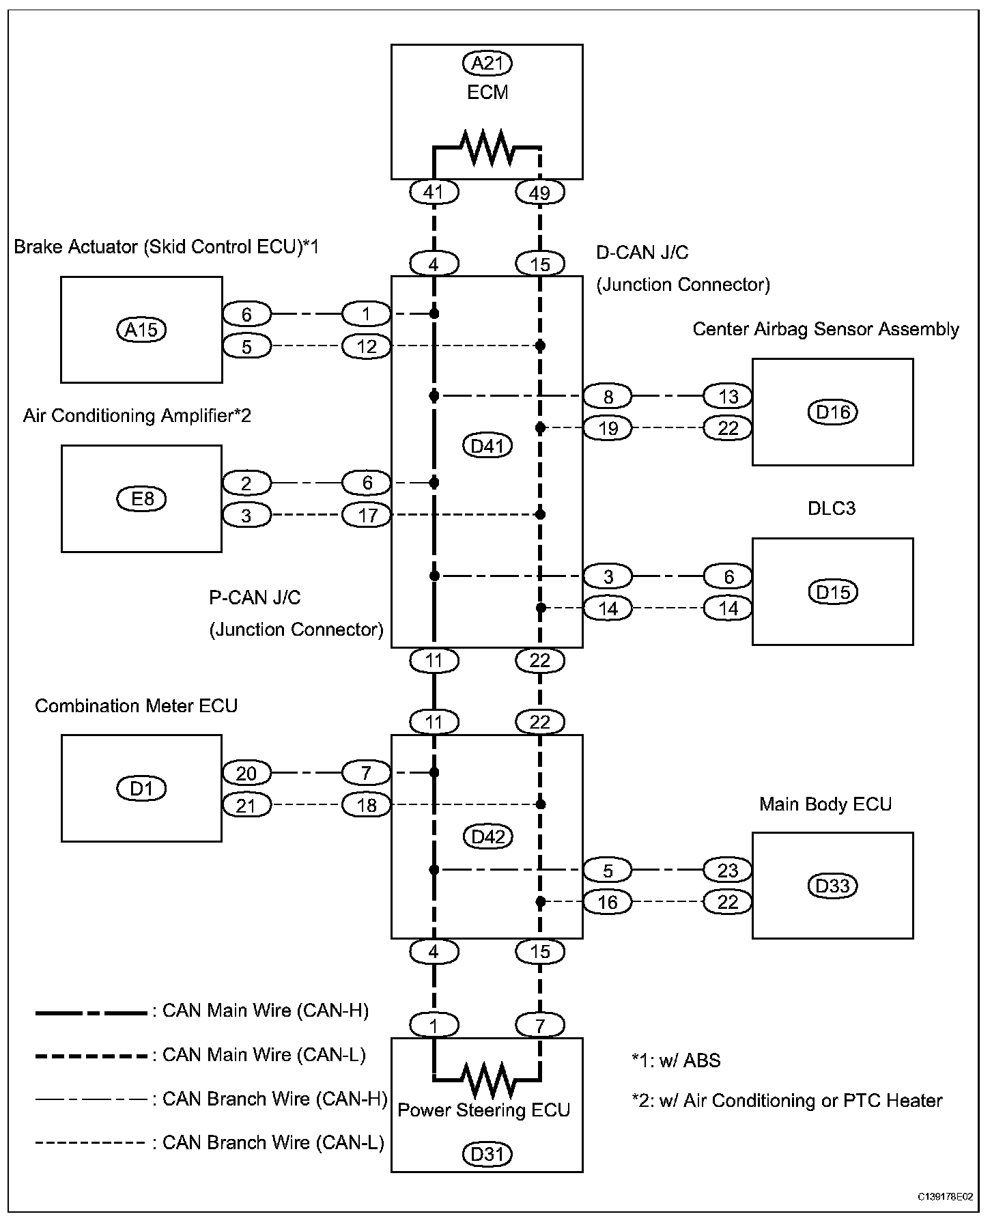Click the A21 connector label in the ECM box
tap(487, 64)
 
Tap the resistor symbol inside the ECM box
tap(487, 146)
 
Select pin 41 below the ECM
tap(434, 193)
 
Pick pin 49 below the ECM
tap(539, 193)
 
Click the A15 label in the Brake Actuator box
tap(141, 330)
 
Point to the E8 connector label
tap(142, 498)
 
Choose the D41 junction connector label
tap(487, 446)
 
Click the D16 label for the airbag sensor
tap(833, 412)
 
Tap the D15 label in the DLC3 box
tap(833, 592)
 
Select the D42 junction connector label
tap(487, 836)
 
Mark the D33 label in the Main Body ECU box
tap(833, 886)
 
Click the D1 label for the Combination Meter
tap(141, 789)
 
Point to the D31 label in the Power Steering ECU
tap(487, 1154)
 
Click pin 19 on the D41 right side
tap(608, 428)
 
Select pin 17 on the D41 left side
tap(367, 514)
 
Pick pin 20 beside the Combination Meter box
tap(246, 773)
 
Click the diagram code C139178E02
tap(946, 1197)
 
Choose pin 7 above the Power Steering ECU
tap(539, 1025)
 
